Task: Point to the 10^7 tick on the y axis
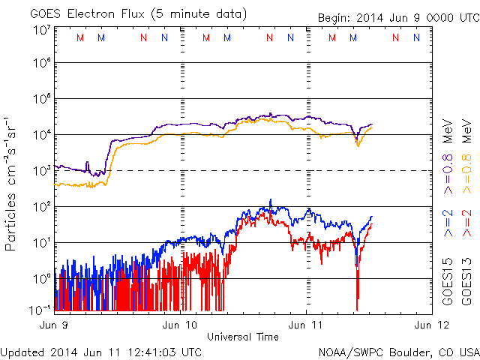point(41,30)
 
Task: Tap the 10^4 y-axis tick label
point(41,135)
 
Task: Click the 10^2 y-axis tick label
point(41,206)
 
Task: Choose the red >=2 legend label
point(466,223)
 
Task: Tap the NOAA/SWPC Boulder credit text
point(398,351)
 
